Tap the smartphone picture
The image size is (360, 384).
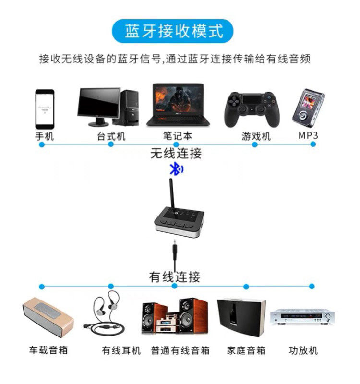[45, 108]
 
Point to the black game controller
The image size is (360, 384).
[251, 109]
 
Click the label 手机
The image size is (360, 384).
[45, 136]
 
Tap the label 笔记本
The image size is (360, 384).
[177, 136]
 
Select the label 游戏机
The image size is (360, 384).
[256, 136]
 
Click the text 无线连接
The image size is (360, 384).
[176, 154]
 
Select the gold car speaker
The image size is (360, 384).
[48, 317]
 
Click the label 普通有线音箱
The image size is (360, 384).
[180, 350]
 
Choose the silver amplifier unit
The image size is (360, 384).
[302, 317]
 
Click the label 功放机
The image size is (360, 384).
[303, 350]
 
